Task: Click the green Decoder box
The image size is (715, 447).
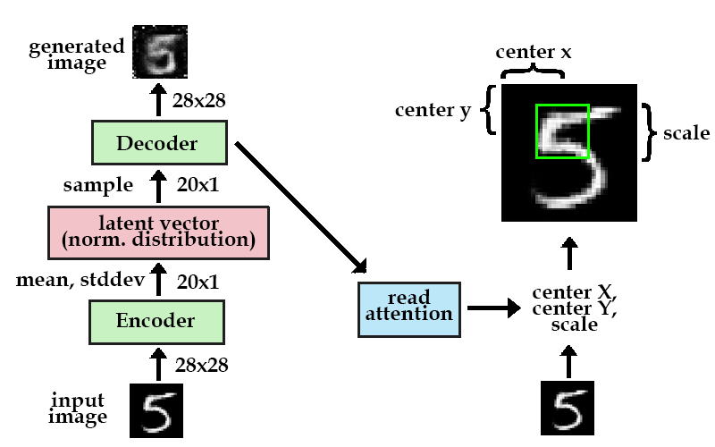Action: click(x=159, y=142)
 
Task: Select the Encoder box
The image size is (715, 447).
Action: click(x=156, y=322)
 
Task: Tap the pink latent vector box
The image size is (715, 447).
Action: click(x=158, y=232)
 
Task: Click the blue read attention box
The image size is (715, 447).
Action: click(x=409, y=309)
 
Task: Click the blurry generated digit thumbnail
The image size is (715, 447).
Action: click(x=160, y=52)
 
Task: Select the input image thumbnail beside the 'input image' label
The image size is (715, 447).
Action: click(x=156, y=410)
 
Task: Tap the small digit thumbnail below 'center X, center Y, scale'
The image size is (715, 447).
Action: click(x=568, y=408)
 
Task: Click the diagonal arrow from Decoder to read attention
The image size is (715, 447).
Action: click(x=301, y=208)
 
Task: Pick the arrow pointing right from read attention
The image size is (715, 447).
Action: click(x=494, y=308)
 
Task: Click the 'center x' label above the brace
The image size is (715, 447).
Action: click(x=533, y=52)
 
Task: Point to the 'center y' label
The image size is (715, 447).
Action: click(x=433, y=110)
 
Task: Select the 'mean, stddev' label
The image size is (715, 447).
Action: click(x=80, y=280)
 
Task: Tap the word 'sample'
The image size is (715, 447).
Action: click(x=98, y=186)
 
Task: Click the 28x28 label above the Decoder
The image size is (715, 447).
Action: click(x=198, y=101)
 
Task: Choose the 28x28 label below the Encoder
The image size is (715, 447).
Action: click(x=202, y=366)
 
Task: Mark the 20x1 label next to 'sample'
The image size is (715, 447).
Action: click(x=198, y=185)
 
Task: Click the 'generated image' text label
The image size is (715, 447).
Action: click(x=77, y=55)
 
